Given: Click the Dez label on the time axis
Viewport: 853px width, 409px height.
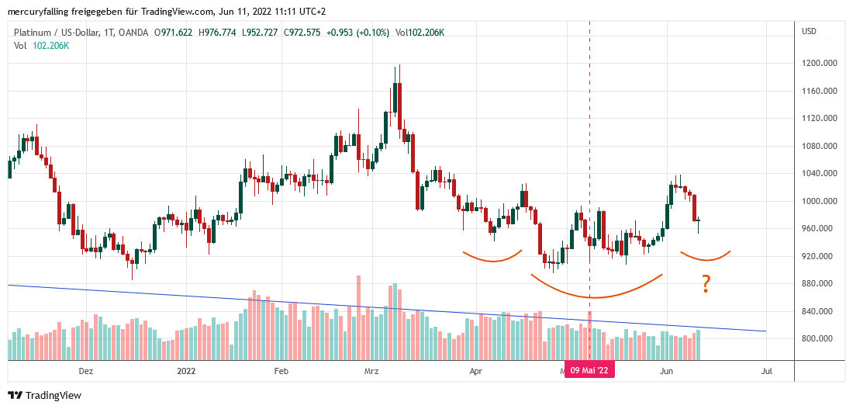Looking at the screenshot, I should point(86,371).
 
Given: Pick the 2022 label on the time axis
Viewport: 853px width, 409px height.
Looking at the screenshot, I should point(186,371).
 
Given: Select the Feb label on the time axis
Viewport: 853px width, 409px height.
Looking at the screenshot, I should point(281,371).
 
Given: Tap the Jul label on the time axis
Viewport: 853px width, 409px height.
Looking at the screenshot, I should point(767,371).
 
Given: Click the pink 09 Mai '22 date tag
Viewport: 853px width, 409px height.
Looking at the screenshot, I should point(589,371).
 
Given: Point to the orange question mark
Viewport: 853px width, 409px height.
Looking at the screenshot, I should point(706,286).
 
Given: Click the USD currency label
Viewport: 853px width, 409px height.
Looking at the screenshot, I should point(810,31).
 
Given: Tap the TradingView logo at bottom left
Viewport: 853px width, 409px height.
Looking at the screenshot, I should point(45,395).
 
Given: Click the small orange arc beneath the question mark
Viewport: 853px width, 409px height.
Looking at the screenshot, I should point(706,257).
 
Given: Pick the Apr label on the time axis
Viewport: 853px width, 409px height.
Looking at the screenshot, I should point(476,371).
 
